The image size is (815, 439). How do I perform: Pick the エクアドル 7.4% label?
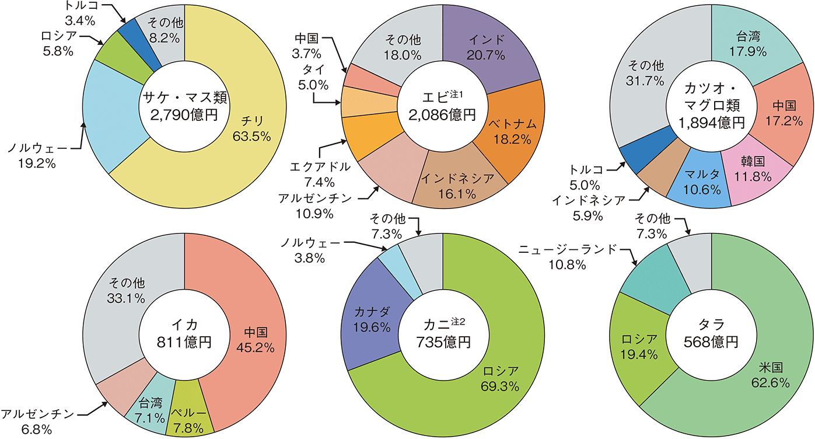pyautogui.click(x=320, y=173)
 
